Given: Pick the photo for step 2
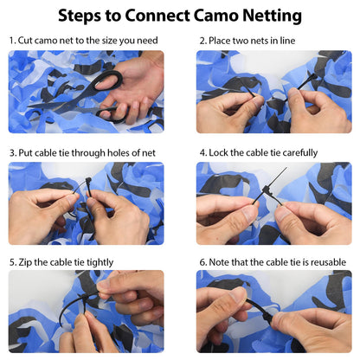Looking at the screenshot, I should tap(273, 91).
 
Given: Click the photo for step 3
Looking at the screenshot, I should tap(86, 203).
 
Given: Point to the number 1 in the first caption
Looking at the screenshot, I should tap(11, 41).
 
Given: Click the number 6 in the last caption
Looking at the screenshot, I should tap(202, 262).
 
